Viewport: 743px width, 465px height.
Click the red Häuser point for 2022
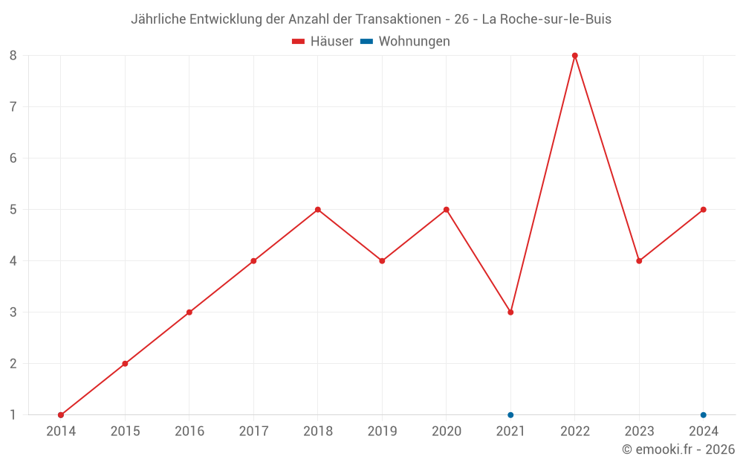tap(575, 56)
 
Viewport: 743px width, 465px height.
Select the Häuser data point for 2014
tap(61, 415)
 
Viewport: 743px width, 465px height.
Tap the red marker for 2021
tap(510, 312)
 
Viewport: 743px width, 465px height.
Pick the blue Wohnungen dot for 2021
tap(510, 415)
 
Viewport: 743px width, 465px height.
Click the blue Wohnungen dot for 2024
tap(704, 415)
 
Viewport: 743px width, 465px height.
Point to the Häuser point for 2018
tap(318, 210)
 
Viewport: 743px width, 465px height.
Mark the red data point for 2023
tap(639, 261)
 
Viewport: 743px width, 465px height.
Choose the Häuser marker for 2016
tap(189, 312)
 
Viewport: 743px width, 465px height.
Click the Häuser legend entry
tap(322, 42)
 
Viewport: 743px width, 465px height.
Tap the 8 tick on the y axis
tap(13, 56)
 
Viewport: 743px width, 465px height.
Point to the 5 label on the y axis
tap(13, 210)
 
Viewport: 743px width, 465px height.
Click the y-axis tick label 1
tap(13, 415)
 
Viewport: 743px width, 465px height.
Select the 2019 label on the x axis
tap(382, 432)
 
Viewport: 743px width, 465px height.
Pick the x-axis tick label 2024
tap(704, 432)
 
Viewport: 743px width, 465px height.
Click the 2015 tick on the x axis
tap(125, 432)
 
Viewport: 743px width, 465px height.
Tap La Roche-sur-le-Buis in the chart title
tap(546, 19)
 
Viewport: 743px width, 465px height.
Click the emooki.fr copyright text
tap(678, 449)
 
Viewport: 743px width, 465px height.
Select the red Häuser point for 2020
tap(447, 210)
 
